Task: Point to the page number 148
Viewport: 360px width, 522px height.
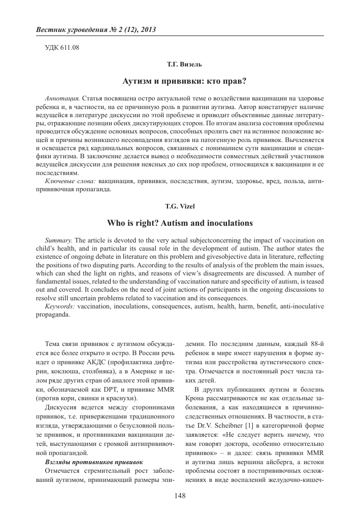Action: [180, 496]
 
